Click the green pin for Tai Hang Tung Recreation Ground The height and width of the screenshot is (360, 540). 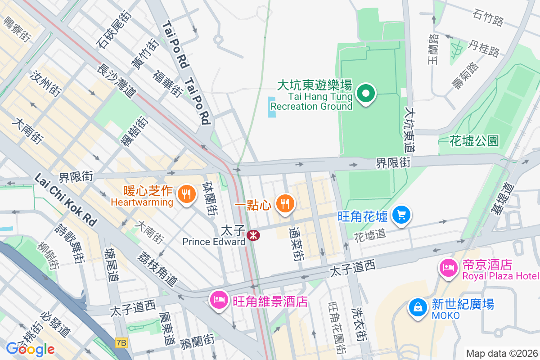(x=366, y=94)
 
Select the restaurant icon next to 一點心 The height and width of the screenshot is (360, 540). (x=284, y=204)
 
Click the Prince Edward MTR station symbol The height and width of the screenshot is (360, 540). (x=253, y=234)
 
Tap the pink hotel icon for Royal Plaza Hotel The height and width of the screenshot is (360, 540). (x=448, y=268)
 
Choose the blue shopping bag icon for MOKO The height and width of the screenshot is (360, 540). (x=418, y=308)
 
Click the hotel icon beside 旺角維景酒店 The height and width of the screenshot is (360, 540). (x=219, y=301)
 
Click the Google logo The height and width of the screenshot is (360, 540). (x=30, y=349)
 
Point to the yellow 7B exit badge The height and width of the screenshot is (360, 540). (x=121, y=343)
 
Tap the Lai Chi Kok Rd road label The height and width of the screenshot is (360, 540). (x=66, y=200)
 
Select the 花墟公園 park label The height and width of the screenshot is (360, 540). (x=474, y=141)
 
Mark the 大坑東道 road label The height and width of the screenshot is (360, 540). (x=409, y=129)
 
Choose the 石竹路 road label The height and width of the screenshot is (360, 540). (x=488, y=18)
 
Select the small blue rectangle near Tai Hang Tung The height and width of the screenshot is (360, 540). (x=272, y=107)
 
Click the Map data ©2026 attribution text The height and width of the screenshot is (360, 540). (x=502, y=353)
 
